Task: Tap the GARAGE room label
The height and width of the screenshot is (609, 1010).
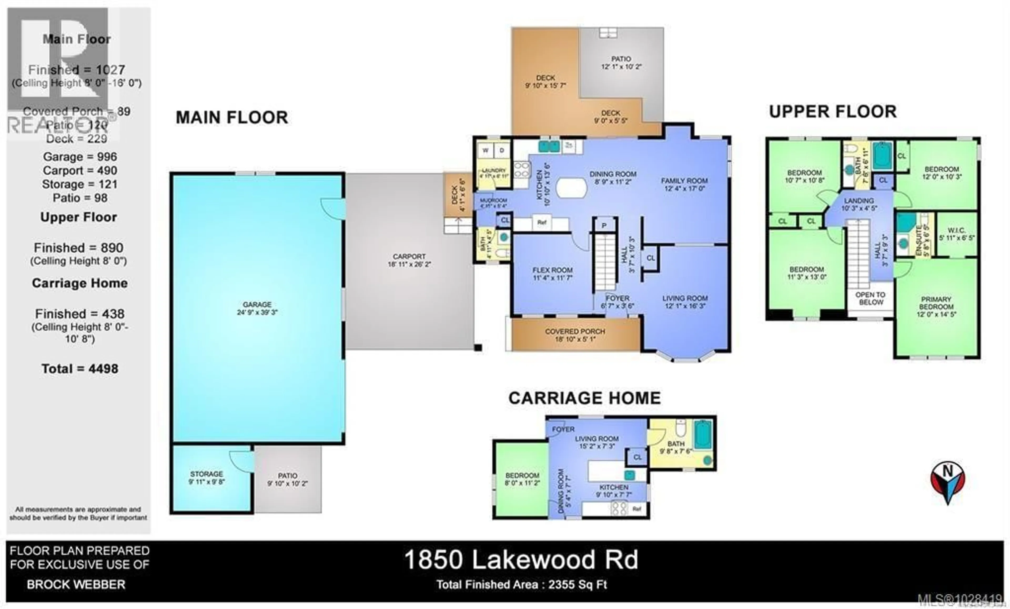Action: point(257,305)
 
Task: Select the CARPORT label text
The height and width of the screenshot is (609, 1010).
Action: point(409,257)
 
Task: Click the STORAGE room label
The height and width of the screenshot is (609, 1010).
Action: point(206,474)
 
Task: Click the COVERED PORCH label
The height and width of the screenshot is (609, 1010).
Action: point(575,331)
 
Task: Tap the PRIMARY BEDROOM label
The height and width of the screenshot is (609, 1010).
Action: point(936,303)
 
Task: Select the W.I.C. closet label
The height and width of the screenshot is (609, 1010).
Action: point(957,231)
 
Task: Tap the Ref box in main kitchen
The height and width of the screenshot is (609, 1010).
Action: point(542,223)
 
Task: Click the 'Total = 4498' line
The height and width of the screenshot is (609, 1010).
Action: point(80,369)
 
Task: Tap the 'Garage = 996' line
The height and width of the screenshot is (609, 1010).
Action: point(80,157)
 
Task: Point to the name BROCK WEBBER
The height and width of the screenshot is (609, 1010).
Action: point(76,585)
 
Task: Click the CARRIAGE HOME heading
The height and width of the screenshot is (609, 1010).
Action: point(584,398)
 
